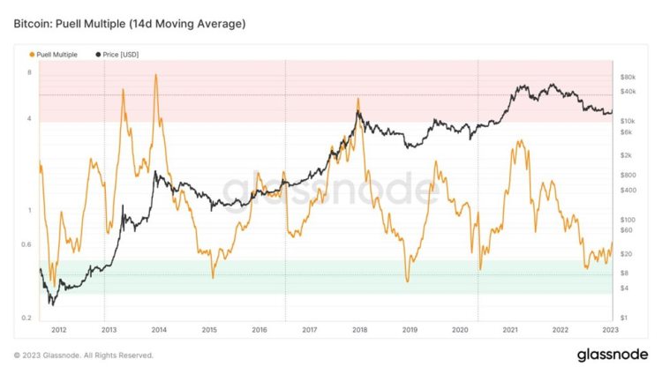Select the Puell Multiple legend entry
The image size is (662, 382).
(54, 55)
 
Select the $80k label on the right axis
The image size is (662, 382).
(629, 78)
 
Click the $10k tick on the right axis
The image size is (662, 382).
(629, 121)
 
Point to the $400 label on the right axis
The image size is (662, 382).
(629, 190)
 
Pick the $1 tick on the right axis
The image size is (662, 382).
(624, 318)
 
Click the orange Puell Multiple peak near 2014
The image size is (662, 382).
(156, 75)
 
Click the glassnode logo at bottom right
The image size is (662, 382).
(613, 356)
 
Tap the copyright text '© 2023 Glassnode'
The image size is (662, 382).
(84, 356)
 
